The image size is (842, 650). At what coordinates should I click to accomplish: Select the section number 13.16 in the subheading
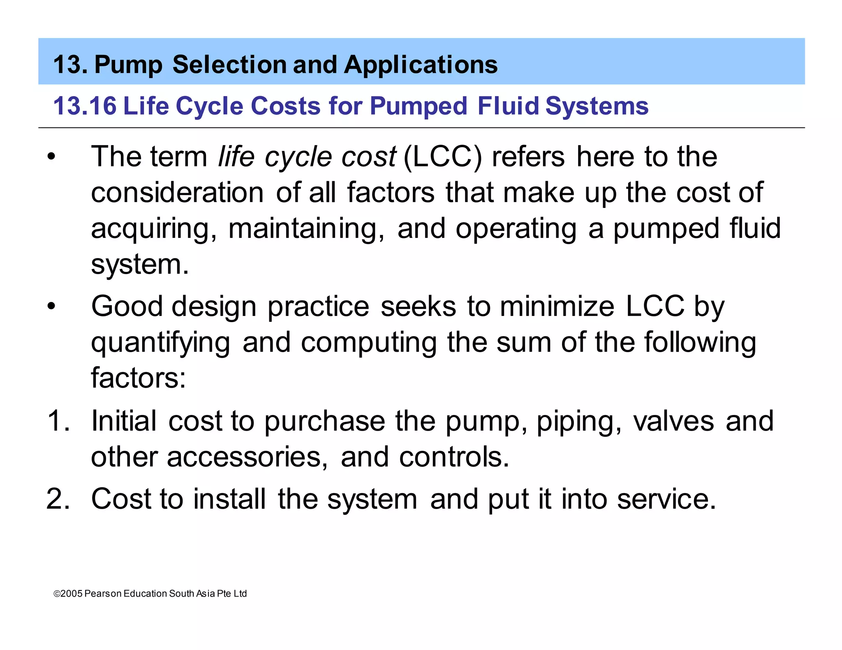(85, 106)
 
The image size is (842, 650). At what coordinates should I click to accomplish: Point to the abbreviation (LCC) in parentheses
(442, 157)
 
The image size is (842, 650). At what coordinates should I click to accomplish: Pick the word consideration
(177, 192)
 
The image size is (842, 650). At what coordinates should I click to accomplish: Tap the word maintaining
(306, 228)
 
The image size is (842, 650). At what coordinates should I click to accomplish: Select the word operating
(516, 228)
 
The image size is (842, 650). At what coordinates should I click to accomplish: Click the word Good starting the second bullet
(127, 307)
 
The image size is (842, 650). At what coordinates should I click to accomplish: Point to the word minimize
(557, 307)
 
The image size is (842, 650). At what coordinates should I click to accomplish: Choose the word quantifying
(160, 343)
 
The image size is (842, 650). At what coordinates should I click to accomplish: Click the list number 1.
(58, 421)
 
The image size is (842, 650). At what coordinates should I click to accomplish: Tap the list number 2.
(58, 499)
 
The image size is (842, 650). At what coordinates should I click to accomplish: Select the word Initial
(124, 421)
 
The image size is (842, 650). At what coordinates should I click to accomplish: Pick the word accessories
(247, 457)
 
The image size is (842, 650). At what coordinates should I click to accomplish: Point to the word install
(229, 499)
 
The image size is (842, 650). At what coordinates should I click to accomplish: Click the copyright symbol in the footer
(57, 594)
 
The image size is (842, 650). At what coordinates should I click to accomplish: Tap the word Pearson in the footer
(103, 594)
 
